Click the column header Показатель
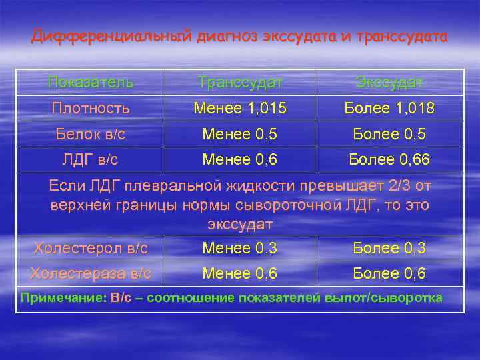pos(91,83)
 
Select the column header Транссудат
pos(239,83)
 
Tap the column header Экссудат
pos(389,83)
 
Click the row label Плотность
pos(91,108)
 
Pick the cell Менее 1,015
pos(239,108)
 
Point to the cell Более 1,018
pos(389,108)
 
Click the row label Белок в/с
pos(91,134)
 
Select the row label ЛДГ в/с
pos(91,160)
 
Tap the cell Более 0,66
pos(389,160)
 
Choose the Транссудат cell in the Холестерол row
pos(239,249)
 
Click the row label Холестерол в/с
pos(91,249)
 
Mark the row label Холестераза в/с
pos(91,273)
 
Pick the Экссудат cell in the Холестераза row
pos(389,273)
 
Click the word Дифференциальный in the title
pos(111,36)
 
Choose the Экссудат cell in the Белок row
pos(389,134)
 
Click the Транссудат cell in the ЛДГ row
pos(239,160)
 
